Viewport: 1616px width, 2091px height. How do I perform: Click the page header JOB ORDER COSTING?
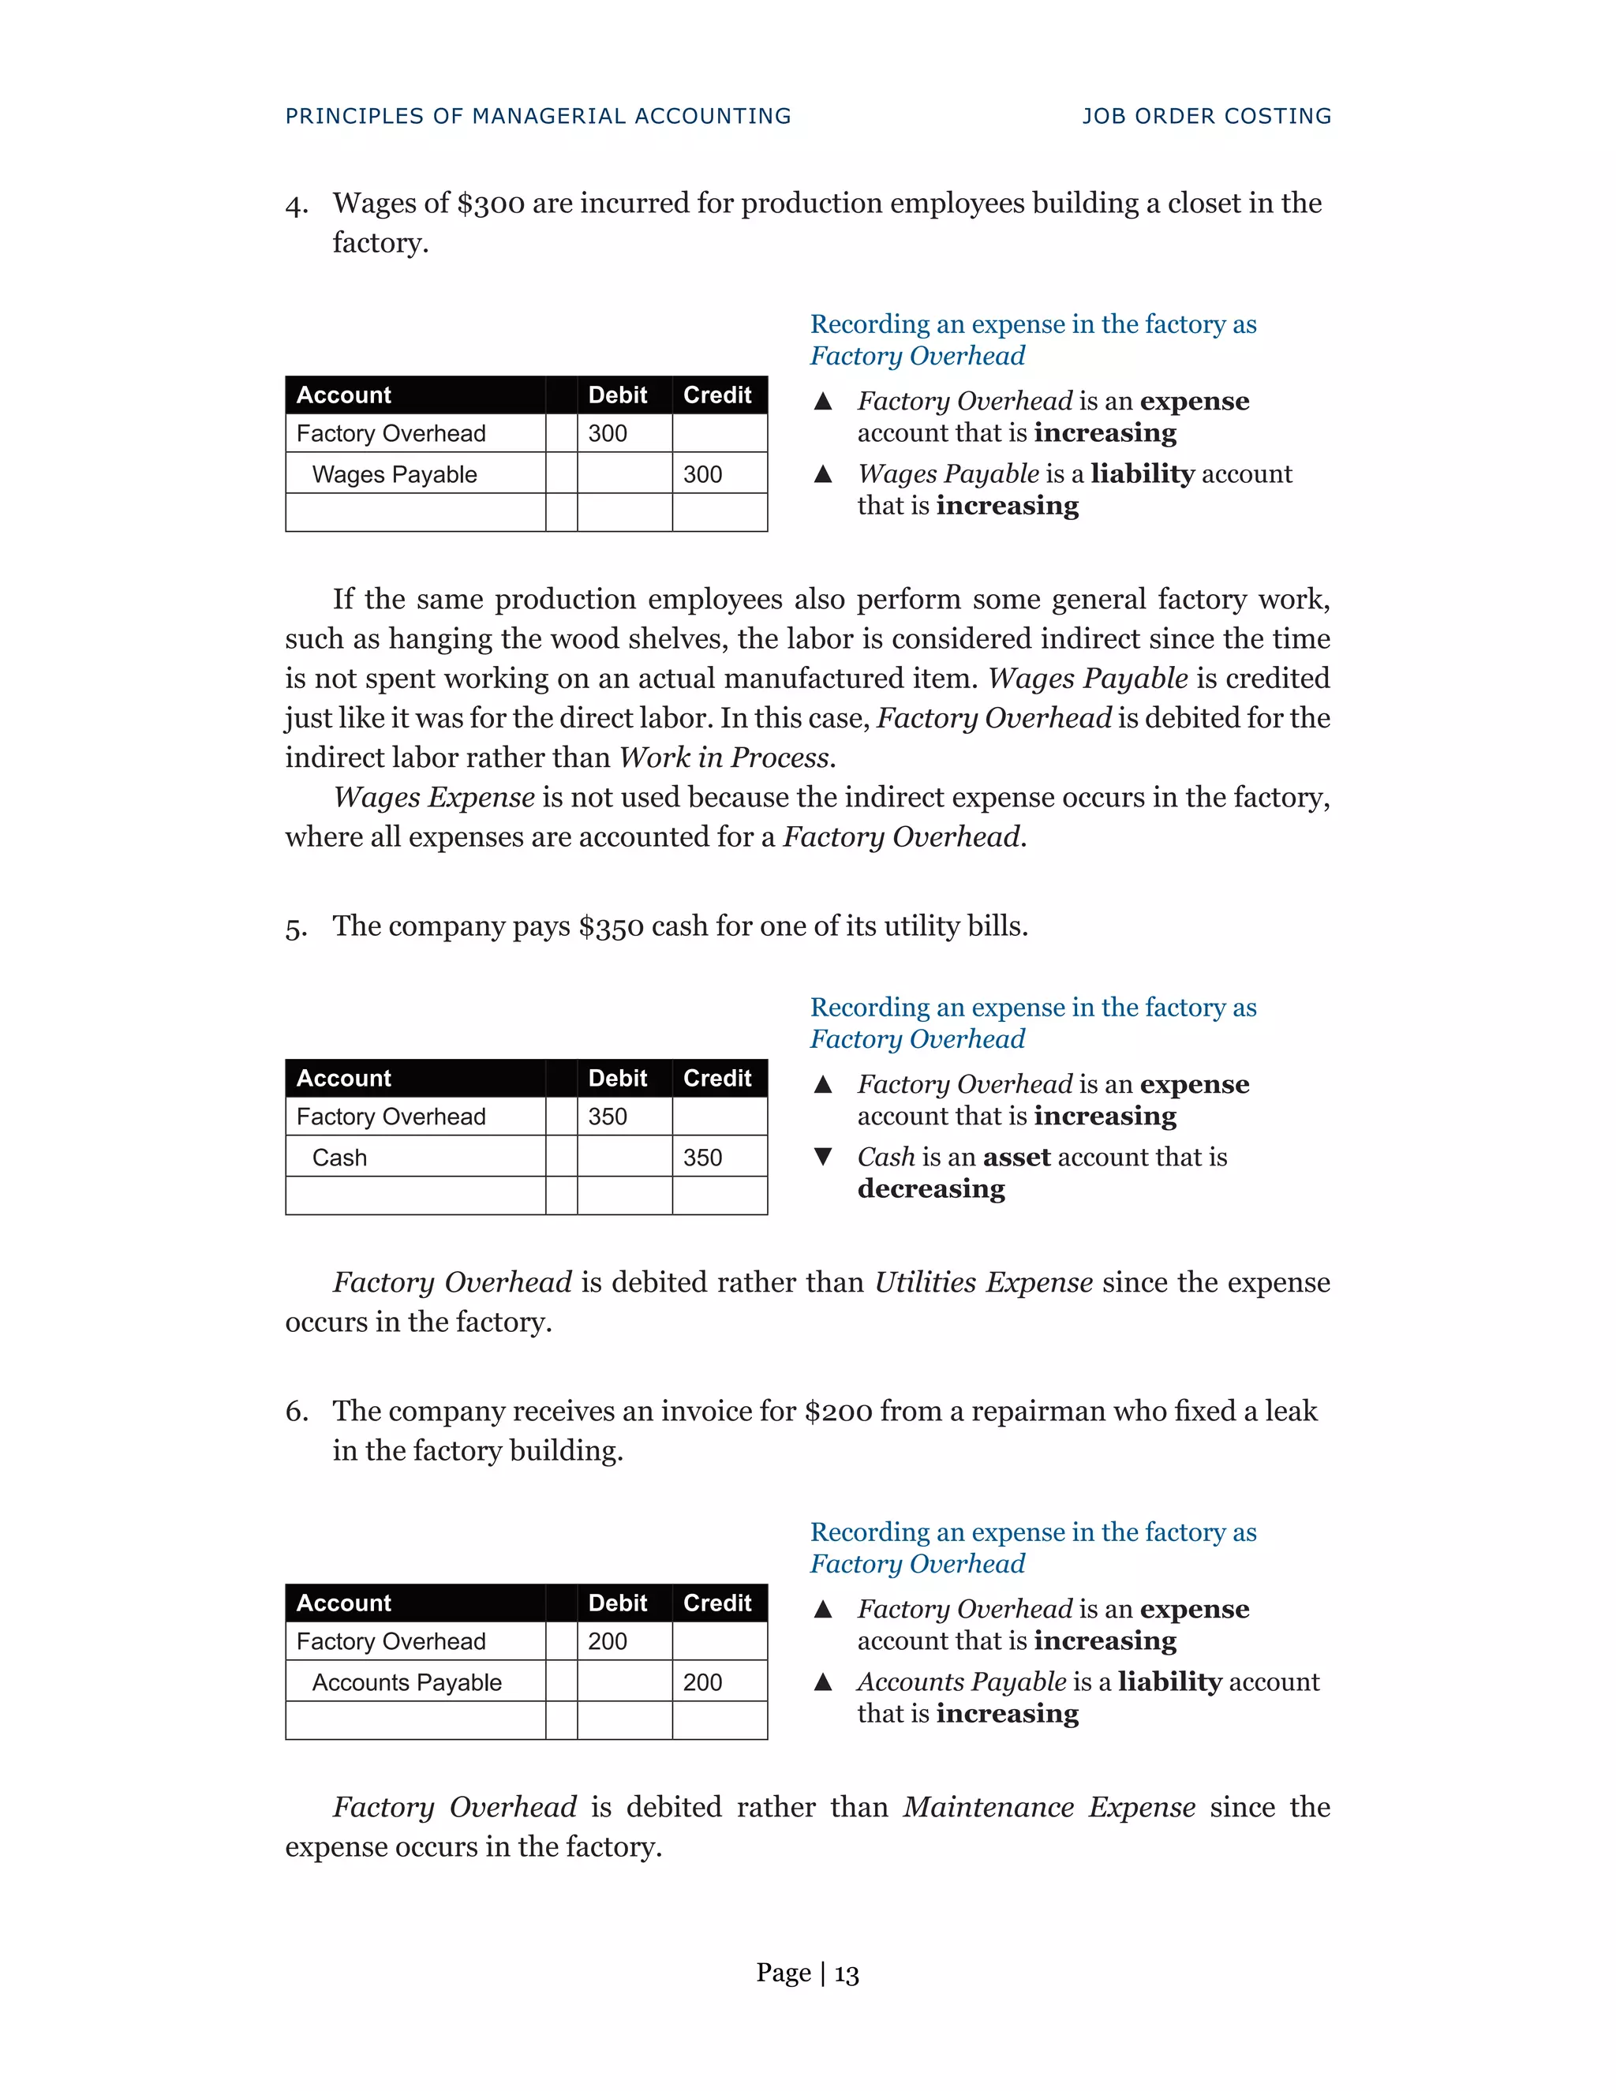click(x=1206, y=116)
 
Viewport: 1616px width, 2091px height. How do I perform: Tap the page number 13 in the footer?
click(x=847, y=1973)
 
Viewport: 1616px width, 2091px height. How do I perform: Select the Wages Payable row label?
click(x=395, y=475)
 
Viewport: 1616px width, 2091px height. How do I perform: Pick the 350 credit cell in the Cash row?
click(x=703, y=1158)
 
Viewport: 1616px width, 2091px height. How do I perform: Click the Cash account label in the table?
click(x=340, y=1158)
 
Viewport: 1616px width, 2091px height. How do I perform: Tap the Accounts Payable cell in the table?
click(x=407, y=1682)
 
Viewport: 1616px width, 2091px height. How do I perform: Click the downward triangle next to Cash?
click(x=822, y=1157)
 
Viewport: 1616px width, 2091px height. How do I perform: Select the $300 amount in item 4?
click(x=490, y=204)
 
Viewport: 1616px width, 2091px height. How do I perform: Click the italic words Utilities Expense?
click(x=983, y=1282)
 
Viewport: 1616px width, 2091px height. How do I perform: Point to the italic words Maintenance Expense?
click(x=1049, y=1807)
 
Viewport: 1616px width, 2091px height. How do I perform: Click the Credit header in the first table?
click(x=717, y=395)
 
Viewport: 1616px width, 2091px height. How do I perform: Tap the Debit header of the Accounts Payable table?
click(x=618, y=1603)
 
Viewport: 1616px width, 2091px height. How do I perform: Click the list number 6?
click(x=295, y=1412)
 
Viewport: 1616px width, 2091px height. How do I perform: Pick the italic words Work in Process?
click(x=724, y=757)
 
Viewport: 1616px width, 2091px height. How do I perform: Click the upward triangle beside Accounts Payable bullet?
click(x=822, y=1682)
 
